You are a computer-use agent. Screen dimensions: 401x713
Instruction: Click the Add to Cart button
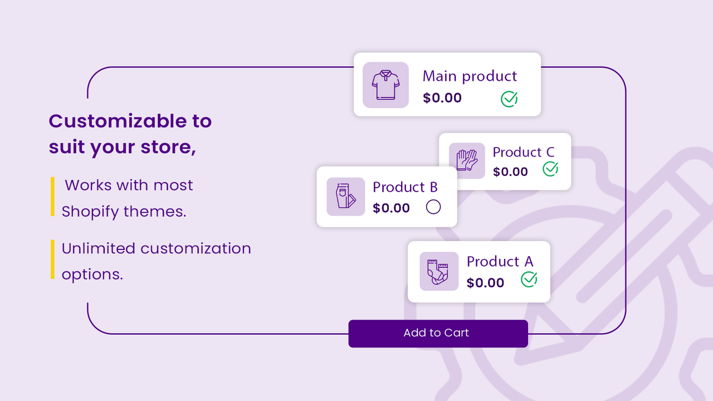[438, 333]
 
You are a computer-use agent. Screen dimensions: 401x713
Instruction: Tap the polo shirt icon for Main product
[385, 85]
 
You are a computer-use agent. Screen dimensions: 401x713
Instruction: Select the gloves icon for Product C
[467, 161]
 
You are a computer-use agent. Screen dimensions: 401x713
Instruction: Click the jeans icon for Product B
[345, 197]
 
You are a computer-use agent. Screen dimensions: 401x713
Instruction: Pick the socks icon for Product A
[438, 271]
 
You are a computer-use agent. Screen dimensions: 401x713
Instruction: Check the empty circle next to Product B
[433, 207]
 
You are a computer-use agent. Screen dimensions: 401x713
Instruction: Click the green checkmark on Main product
[509, 99]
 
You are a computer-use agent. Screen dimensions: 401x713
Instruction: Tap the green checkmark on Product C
[550, 169]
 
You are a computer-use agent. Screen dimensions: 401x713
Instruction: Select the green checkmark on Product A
[529, 279]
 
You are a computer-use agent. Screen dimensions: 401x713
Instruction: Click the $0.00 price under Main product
[442, 98]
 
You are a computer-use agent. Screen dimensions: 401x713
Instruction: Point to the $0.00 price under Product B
[391, 208]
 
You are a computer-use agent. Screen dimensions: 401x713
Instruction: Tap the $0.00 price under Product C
[510, 172]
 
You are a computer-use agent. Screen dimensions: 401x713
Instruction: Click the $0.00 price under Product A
[485, 283]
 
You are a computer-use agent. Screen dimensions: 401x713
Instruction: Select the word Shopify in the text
[90, 212]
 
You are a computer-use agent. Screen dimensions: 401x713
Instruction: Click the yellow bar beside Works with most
[52, 196]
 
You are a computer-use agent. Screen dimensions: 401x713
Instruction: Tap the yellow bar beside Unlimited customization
[52, 259]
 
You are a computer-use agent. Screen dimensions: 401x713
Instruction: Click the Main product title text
[470, 76]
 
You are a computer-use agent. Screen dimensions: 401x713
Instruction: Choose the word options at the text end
[92, 274]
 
